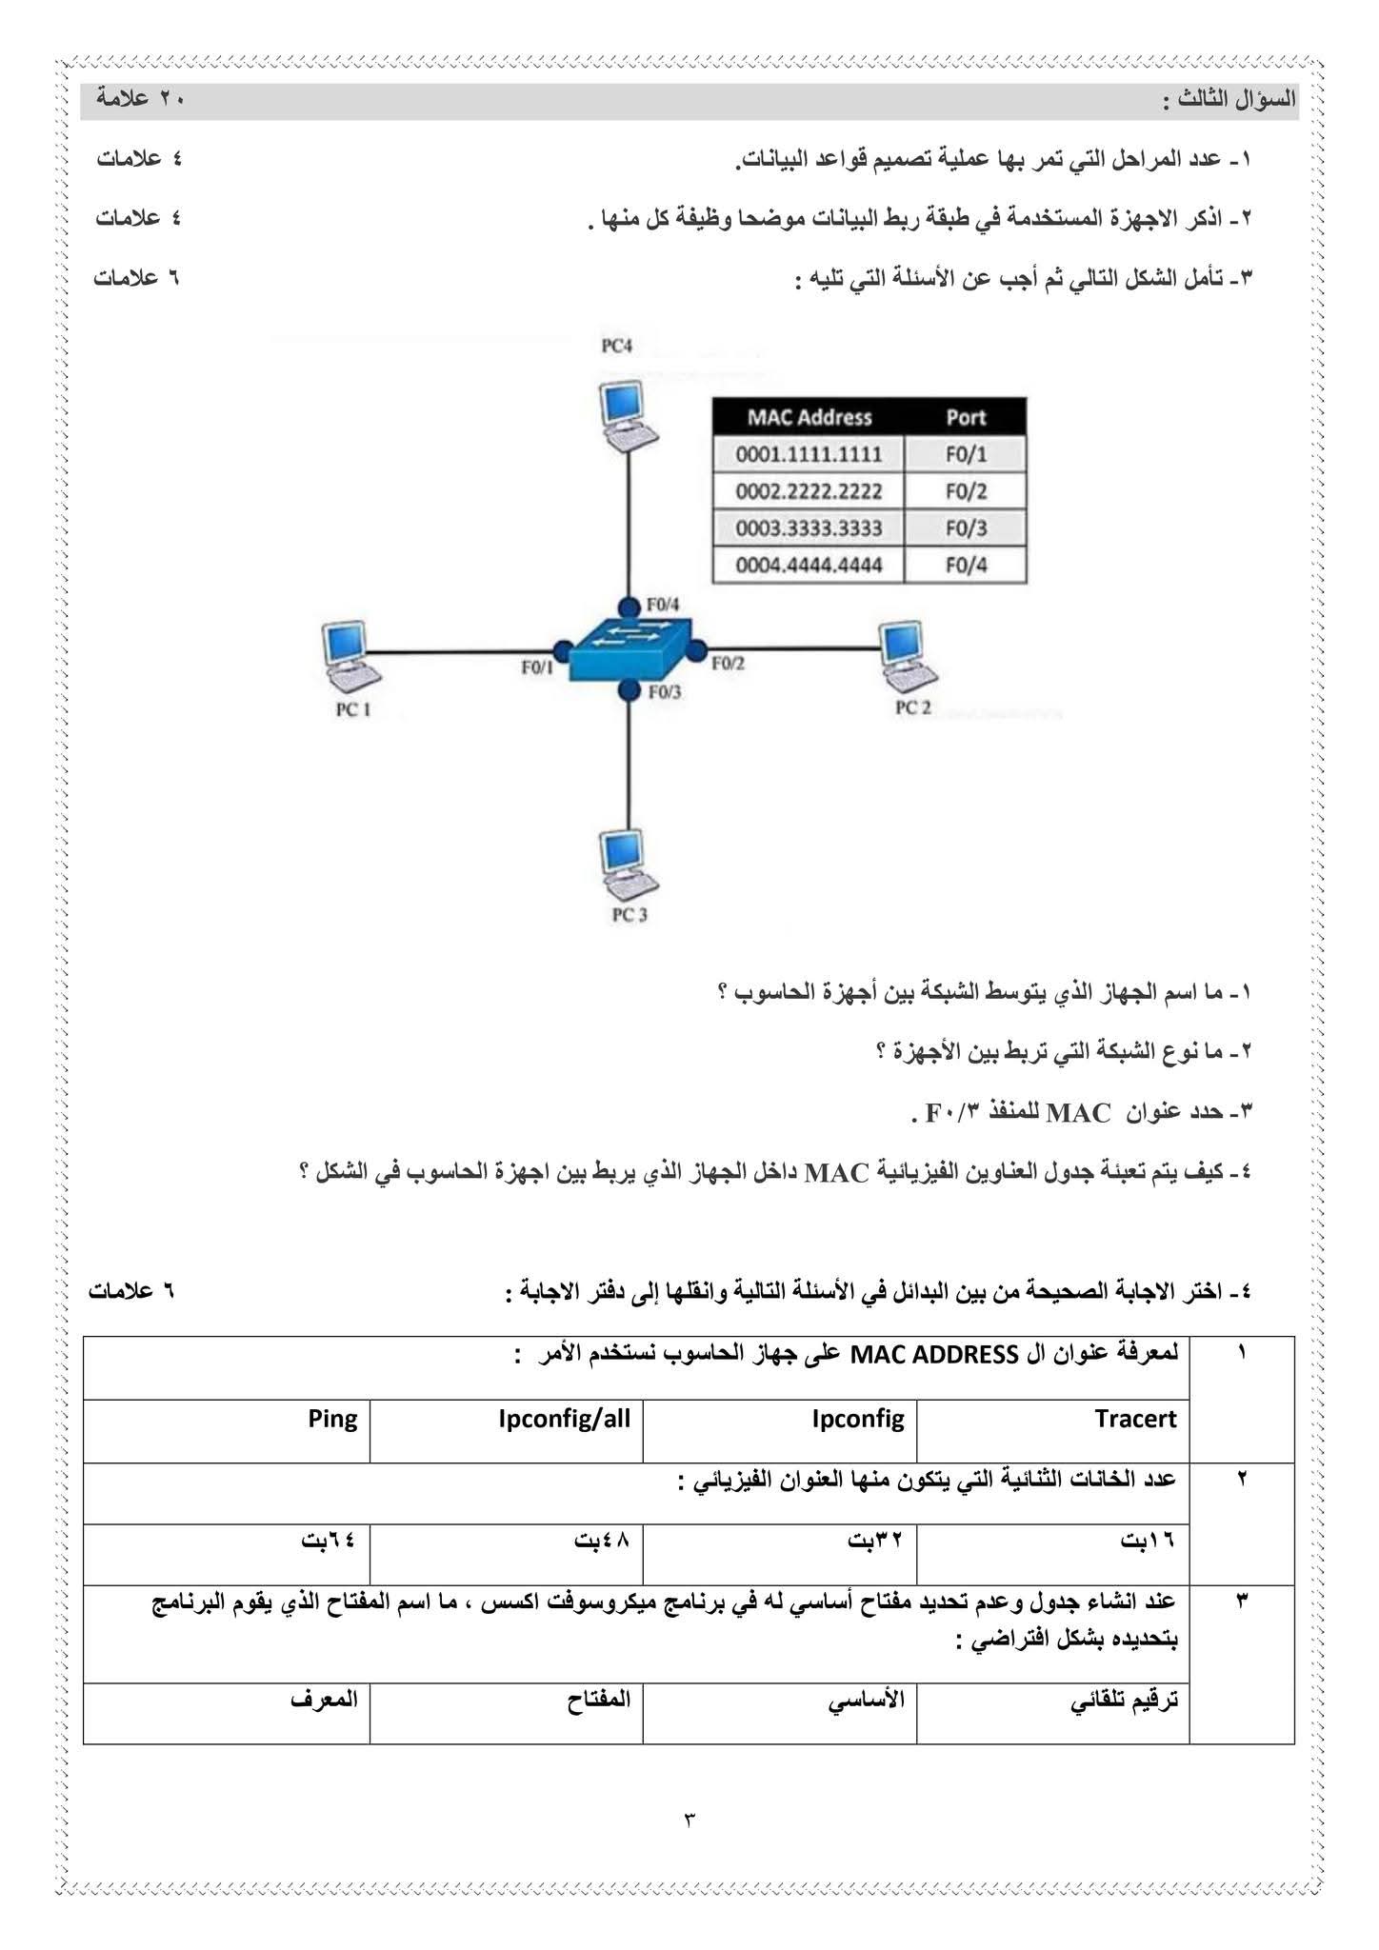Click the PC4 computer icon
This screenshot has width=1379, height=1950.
(x=628, y=414)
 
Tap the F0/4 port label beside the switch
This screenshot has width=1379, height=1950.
(x=664, y=604)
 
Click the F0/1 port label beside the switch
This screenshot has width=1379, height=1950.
(x=536, y=668)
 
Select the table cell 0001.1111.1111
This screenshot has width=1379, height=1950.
(x=809, y=454)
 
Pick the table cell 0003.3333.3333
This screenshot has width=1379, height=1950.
(x=809, y=528)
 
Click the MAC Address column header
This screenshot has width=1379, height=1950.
(x=809, y=417)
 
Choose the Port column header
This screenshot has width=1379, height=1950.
(x=966, y=417)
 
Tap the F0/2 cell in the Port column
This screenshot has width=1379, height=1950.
(x=966, y=491)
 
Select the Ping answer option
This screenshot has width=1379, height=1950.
(x=332, y=1420)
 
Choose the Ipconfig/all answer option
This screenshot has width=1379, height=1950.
(x=564, y=1420)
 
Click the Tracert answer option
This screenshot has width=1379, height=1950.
(x=1135, y=1420)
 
